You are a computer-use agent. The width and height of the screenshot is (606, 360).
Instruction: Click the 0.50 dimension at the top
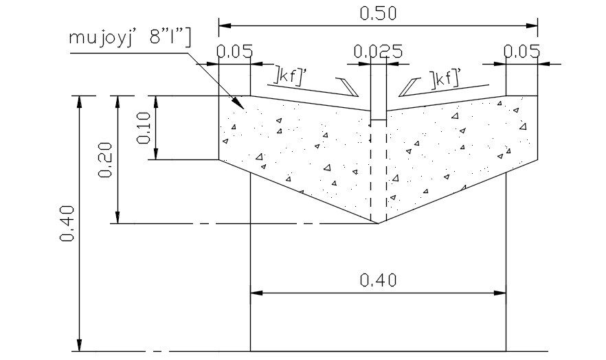378,13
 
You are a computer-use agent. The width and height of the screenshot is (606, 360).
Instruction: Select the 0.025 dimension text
378,52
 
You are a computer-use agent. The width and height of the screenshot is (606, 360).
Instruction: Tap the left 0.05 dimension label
234,52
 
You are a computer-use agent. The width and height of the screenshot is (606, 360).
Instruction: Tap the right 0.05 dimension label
521,52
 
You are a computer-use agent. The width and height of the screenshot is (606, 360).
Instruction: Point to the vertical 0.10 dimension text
144,127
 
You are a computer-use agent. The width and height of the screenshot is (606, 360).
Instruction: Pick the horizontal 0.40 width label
378,280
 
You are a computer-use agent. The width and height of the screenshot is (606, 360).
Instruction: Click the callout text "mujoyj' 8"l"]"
130,37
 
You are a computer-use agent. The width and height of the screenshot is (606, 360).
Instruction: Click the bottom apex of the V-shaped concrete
378,223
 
